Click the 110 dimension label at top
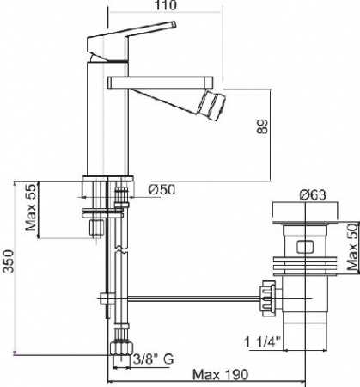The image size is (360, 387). pyautogui.click(x=166, y=5)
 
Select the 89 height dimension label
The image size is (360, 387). pyautogui.click(x=262, y=126)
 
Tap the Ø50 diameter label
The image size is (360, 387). pyautogui.click(x=162, y=189)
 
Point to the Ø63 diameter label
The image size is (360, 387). pyautogui.click(x=313, y=195)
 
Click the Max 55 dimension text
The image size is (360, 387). pyautogui.click(x=31, y=207)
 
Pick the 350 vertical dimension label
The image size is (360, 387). pyautogui.click(x=8, y=261)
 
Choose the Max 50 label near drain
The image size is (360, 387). pyautogui.click(x=353, y=247)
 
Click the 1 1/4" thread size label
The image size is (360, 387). pyautogui.click(x=262, y=341)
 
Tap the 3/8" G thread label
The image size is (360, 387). pyautogui.click(x=154, y=359)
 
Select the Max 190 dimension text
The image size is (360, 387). pyautogui.click(x=220, y=374)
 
